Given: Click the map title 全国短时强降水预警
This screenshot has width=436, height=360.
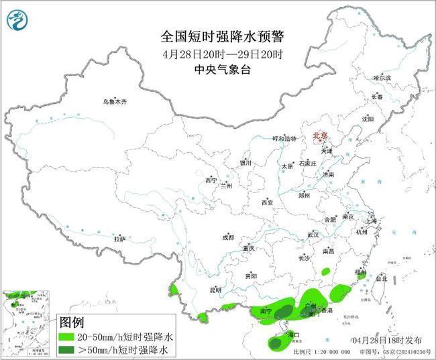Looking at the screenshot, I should point(219,38).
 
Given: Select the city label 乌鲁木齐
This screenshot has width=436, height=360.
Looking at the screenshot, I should point(115,102).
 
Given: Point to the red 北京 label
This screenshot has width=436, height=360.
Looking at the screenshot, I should point(320,136).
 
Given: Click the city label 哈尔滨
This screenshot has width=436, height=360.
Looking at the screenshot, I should point(382,78).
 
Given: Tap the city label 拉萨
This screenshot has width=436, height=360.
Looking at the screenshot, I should point(119,239).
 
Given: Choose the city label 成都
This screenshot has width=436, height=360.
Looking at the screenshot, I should point(228,237).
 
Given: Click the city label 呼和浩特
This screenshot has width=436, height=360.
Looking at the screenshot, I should point(283,139).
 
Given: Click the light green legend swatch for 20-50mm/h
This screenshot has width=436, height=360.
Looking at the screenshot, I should point(70,337).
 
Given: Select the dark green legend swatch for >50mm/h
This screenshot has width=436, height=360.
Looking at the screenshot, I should point(70,350).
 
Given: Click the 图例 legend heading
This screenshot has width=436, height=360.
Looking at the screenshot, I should point(74,322).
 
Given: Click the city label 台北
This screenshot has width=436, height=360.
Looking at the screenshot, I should point(380,278).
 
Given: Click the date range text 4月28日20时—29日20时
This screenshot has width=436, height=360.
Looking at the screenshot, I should point(219,54).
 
